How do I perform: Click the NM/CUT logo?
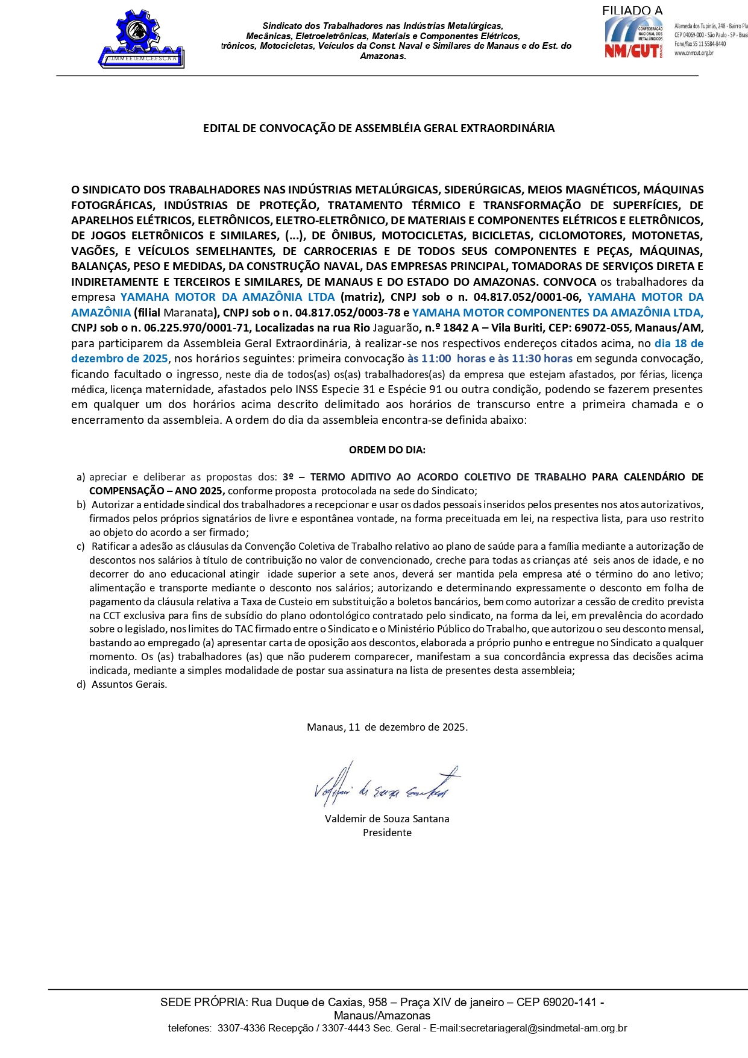(633, 38)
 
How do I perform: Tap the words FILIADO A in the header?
(632, 10)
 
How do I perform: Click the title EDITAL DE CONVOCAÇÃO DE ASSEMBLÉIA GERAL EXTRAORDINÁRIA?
(379, 128)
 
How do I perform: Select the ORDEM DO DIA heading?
(387, 450)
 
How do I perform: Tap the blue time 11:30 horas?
(542, 359)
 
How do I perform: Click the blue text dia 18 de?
(679, 344)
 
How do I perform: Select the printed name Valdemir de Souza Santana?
(387, 819)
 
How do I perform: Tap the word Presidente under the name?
(387, 833)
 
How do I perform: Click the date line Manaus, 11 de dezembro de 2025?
(387, 727)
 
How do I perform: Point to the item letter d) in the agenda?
(81, 684)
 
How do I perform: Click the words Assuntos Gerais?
(129, 684)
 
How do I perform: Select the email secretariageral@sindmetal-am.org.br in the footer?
(543, 1028)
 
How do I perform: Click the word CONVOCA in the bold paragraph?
(569, 282)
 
